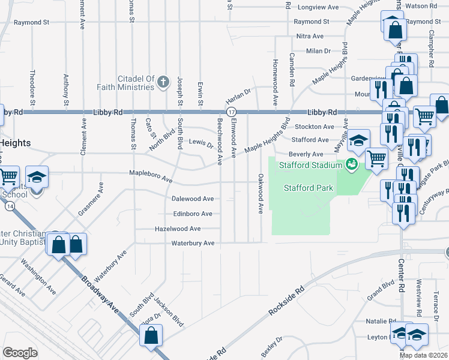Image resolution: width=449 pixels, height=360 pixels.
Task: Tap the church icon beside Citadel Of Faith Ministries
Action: click(163, 83)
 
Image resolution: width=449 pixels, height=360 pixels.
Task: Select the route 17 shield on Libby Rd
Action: click(231, 112)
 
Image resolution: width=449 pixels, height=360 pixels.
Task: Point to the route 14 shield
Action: click(10, 205)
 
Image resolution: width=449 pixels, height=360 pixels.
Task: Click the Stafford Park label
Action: click(308, 188)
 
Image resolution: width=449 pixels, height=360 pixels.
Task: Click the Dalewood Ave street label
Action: click(192, 199)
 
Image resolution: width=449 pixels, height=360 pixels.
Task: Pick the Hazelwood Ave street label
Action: click(178, 229)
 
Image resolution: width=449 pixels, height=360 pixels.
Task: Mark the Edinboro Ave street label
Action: click(190, 214)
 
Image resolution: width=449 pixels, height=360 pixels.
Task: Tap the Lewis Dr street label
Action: click(201, 143)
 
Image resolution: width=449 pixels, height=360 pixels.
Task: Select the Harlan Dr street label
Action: click(238, 95)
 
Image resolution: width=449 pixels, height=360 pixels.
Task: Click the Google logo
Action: click(20, 352)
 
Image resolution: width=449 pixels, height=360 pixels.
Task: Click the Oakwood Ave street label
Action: click(261, 194)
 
